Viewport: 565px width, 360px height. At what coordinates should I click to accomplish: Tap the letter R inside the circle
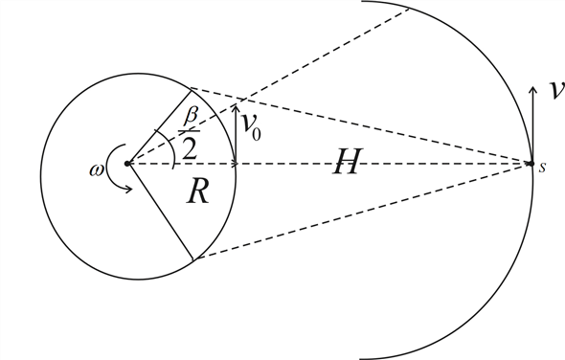[x=197, y=192]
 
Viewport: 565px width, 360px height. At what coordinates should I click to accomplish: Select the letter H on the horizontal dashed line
[x=346, y=164]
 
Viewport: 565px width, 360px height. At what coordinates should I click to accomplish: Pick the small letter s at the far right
[x=543, y=168]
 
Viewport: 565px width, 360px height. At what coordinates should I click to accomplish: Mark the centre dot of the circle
[x=129, y=164]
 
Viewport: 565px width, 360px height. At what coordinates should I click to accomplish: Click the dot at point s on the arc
[x=530, y=164]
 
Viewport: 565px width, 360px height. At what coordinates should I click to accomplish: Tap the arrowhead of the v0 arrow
[x=236, y=105]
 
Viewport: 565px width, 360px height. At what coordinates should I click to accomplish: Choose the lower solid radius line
[x=161, y=211]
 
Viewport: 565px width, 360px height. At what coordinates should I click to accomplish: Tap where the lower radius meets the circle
[x=193, y=259]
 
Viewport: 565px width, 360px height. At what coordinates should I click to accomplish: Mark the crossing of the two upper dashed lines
[x=236, y=98]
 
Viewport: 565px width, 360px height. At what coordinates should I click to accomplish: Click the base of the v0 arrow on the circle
[x=236, y=163]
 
